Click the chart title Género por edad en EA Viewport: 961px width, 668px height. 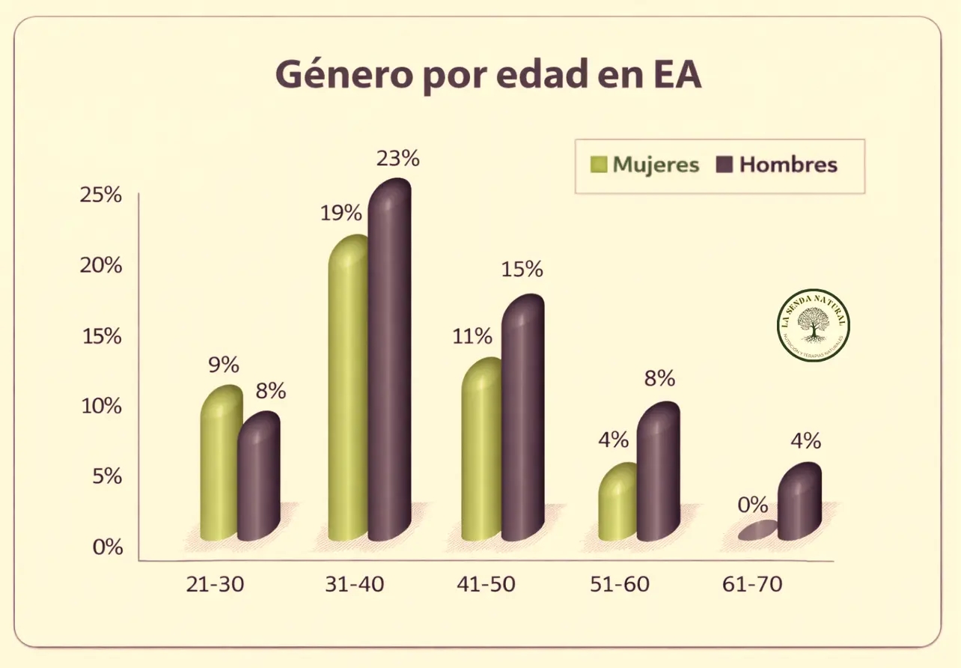coord(488,76)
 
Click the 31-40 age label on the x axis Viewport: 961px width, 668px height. coord(354,585)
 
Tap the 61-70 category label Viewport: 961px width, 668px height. coord(753,585)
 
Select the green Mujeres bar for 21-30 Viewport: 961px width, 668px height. coord(220,464)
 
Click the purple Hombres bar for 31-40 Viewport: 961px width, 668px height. coord(389,359)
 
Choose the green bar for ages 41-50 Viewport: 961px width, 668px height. coord(481,449)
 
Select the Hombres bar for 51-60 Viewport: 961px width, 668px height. coord(658,472)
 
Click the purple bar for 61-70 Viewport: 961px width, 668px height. coord(799,502)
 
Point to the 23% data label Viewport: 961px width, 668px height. coord(399,159)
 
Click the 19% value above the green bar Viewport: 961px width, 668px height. coord(341,213)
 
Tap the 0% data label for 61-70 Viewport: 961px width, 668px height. coord(753,505)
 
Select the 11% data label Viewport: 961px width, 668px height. coord(472,336)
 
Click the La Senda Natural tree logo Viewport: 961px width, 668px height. coord(814,325)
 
